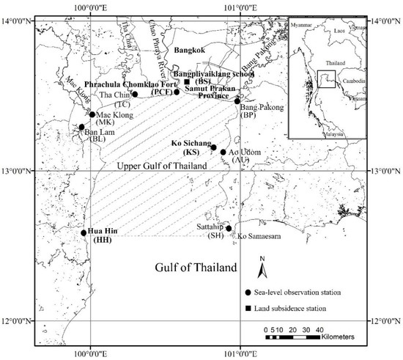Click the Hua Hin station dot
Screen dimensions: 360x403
pyautogui.click(x=84, y=233)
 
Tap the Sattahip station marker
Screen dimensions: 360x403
pyautogui.click(x=229, y=228)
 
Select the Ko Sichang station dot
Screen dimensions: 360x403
pyautogui.click(x=214, y=147)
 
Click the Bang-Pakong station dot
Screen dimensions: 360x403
pyautogui.click(x=237, y=102)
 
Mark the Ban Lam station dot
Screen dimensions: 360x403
pyautogui.click(x=81, y=127)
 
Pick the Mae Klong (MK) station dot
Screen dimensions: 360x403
pyautogui.click(x=92, y=114)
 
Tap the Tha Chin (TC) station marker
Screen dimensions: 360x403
pyautogui.click(x=135, y=94)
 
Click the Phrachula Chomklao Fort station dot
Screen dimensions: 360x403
pyautogui.click(x=177, y=92)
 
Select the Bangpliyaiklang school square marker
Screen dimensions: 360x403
pyautogui.click(x=188, y=82)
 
